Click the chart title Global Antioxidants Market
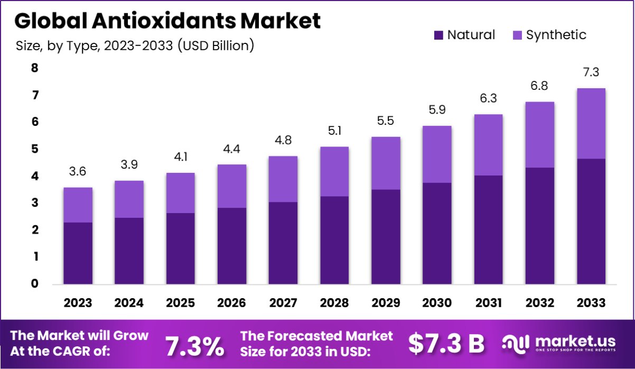click(167, 21)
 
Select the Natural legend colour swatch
click(438, 35)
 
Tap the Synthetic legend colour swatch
click(517, 35)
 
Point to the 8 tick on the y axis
click(35, 68)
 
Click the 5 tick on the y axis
click(35, 149)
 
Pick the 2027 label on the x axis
click(283, 303)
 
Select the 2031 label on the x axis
click(488, 303)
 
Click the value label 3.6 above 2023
click(78, 171)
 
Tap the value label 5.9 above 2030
click(436, 110)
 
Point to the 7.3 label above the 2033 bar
click(591, 72)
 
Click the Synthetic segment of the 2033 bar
click(591, 123)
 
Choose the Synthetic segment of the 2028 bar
click(334, 171)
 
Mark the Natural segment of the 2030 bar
click(436, 233)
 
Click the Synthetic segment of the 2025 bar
click(180, 192)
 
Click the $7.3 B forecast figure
click(446, 344)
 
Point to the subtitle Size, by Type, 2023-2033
click(135, 46)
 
